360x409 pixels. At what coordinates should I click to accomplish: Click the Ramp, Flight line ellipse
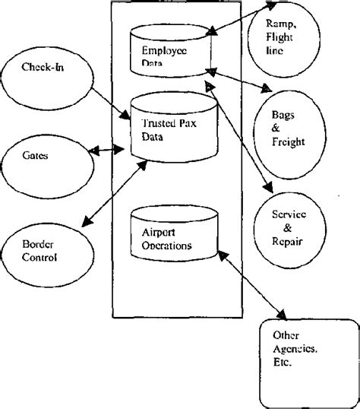point(280,34)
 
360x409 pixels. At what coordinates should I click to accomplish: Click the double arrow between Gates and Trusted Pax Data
point(109,153)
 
